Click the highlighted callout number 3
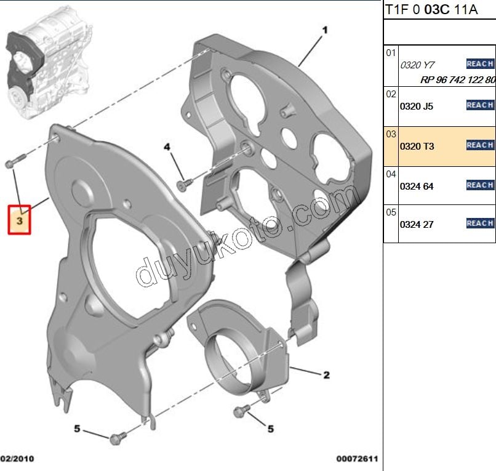[x=19, y=220]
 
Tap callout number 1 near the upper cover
[x=325, y=30]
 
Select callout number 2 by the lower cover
[x=326, y=375]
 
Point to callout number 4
[x=167, y=147]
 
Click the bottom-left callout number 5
[x=77, y=429]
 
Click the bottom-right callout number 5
[x=270, y=429]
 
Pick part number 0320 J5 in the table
[x=416, y=107]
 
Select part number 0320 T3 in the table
[x=417, y=147]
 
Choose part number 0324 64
[x=416, y=186]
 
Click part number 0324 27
[x=416, y=225]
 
